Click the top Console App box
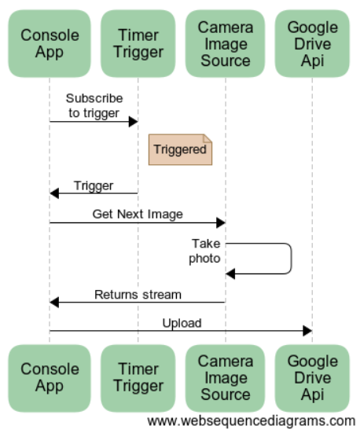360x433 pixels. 50,44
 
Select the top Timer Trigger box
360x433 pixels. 138,44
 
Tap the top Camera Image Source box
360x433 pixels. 225,44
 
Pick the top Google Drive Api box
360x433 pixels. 312,44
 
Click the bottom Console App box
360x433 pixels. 50,378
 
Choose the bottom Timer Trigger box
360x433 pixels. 138,378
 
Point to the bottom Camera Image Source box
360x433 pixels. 225,378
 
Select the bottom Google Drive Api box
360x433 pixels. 312,378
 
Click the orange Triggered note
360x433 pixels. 181,149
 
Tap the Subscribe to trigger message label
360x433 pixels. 94,106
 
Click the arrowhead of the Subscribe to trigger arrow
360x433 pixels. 134,122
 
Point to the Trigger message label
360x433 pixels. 94,185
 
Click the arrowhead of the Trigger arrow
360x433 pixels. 54,193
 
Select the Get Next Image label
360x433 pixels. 138,215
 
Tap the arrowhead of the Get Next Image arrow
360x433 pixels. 221,222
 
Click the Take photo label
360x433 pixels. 204,251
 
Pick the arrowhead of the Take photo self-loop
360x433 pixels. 230,273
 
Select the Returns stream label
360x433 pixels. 138,295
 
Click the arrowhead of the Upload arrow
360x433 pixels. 307,331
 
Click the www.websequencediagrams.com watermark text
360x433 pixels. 252,421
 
